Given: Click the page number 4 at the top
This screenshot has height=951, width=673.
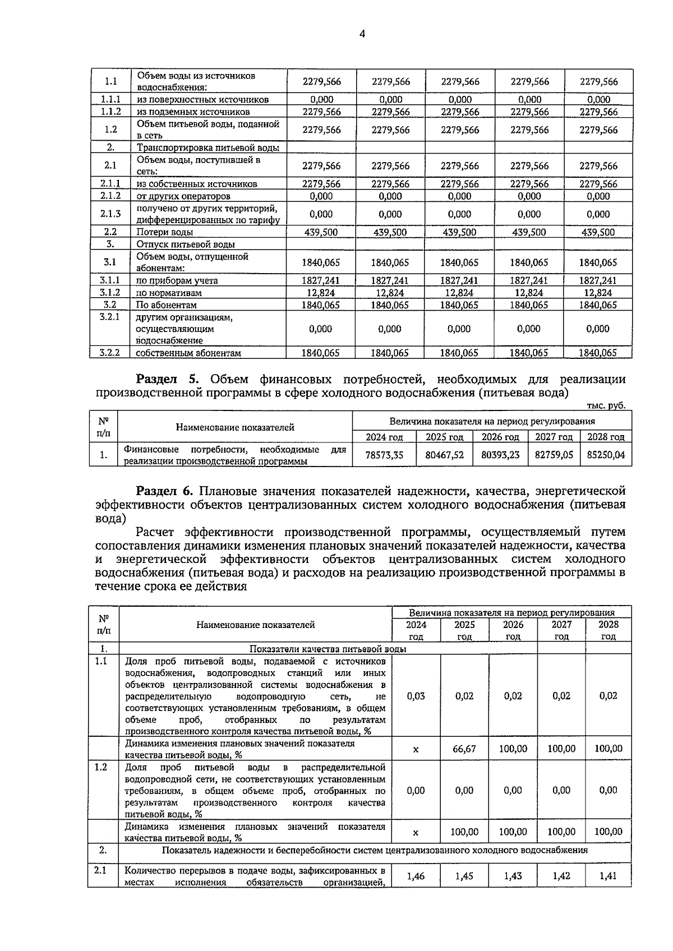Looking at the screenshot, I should coord(362,34).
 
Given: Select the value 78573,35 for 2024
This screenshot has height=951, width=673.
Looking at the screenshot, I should coord(384,455).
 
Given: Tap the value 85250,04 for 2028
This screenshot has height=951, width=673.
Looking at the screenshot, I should coord(606,455).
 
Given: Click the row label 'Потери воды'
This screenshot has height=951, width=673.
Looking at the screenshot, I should coord(165,232).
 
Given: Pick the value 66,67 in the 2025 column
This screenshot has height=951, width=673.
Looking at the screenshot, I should coord(464,749).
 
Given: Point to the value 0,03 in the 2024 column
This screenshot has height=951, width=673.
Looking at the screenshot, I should coord(416,696).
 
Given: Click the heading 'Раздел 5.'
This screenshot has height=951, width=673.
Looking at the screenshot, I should coord(168,380).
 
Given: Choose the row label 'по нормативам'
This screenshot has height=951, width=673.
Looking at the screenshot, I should coord(169,293).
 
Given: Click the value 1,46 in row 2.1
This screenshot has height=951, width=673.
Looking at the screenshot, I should coord(416,876).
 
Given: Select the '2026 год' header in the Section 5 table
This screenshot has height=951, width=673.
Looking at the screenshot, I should coord(500,437).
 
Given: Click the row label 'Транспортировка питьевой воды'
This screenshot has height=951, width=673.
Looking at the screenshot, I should coord(208,148).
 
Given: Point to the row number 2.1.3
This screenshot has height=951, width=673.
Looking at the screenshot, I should coord(110,214).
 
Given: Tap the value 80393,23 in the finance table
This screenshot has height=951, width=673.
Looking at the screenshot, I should coord(500,455).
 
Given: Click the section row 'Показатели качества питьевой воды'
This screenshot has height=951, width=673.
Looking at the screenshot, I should coord(328,649).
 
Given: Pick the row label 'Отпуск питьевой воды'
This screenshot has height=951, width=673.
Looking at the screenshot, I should coord(186,244).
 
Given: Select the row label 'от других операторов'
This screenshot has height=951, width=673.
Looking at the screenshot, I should coord(183,196).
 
